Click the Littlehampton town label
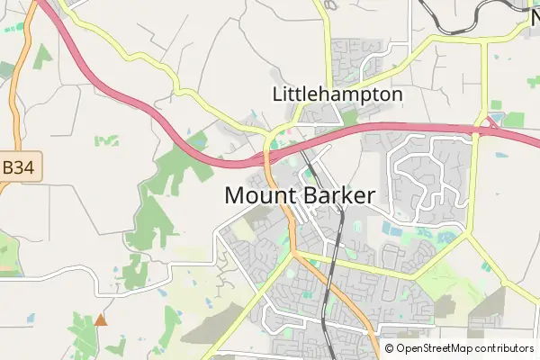(x=337, y=94)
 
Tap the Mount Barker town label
(x=300, y=194)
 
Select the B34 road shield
(x=20, y=167)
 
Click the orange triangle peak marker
(x=101, y=319)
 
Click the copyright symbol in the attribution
(x=390, y=348)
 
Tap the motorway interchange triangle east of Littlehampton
(x=493, y=121)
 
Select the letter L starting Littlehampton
(x=277, y=94)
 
